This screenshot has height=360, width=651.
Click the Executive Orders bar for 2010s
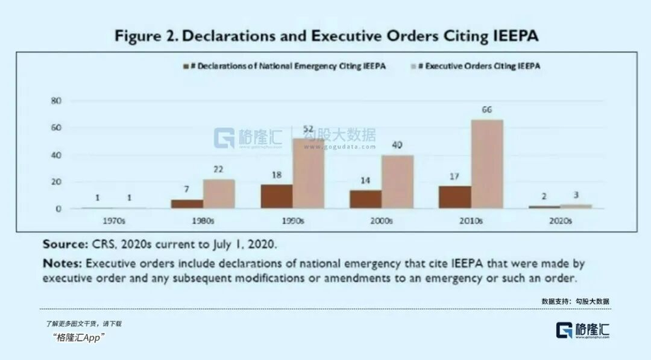[487, 164]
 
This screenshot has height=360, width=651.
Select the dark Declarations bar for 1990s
[277, 196]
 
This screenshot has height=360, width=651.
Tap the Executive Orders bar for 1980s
[219, 194]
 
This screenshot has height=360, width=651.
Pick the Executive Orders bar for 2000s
[397, 182]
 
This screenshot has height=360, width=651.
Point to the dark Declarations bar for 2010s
[454, 197]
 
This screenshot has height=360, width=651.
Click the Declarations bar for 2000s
[365, 199]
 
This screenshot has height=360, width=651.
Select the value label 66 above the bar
[486, 110]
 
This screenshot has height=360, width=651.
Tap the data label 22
[219, 169]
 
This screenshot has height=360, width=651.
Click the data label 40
[397, 145]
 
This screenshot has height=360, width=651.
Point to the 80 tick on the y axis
[57, 101]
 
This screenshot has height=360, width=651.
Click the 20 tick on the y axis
[57, 182]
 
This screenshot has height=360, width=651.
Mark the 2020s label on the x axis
[560, 221]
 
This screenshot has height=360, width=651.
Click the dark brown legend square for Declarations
[186, 66]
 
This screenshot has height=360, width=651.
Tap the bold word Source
[64, 245]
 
